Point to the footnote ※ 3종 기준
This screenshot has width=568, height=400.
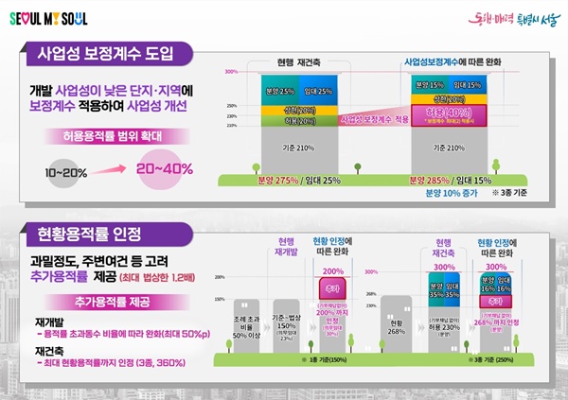point(508,193)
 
